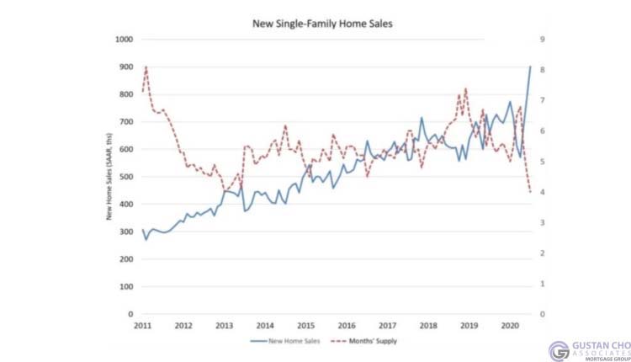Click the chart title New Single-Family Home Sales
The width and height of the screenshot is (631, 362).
click(323, 24)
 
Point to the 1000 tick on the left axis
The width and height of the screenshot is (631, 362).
click(124, 40)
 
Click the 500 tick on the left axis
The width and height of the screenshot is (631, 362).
click(125, 177)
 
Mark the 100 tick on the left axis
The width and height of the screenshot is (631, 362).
click(125, 287)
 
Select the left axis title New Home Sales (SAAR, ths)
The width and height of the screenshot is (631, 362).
click(109, 177)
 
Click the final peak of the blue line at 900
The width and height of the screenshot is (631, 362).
click(530, 67)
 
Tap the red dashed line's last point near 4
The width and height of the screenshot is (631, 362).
click(530, 193)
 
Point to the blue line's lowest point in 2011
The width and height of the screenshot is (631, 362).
click(146, 240)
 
